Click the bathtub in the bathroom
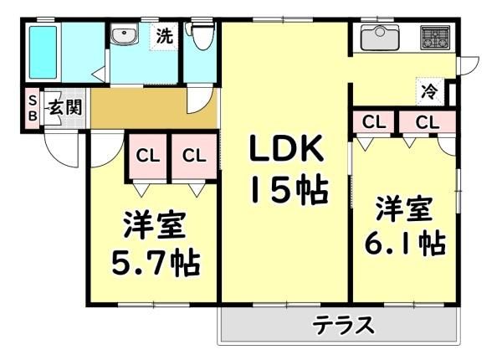[x=44, y=52]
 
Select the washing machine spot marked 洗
[x=164, y=36]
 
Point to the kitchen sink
[x=380, y=37]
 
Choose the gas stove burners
[x=435, y=38]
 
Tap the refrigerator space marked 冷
[x=430, y=91]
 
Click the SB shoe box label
[x=33, y=108]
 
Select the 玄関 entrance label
[x=65, y=107]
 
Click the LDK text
[x=286, y=148]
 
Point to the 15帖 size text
[x=290, y=190]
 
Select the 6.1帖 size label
[x=405, y=243]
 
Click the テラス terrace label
[x=343, y=325]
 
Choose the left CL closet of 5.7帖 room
[x=147, y=156]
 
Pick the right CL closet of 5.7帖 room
[x=194, y=156]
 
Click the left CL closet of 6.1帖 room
[x=373, y=121]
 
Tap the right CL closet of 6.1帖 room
[x=427, y=121]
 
